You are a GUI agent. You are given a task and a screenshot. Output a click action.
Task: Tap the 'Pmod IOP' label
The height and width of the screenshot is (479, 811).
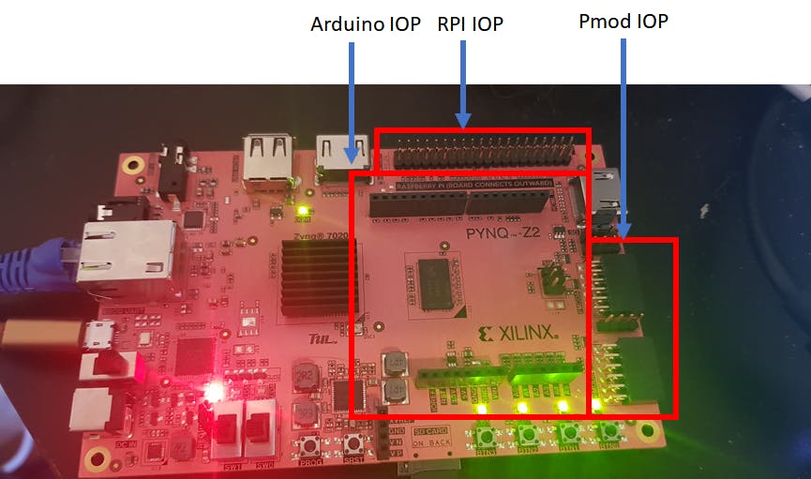pos(623,21)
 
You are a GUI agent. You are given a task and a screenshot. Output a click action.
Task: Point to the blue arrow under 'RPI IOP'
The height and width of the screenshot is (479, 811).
pos(463,84)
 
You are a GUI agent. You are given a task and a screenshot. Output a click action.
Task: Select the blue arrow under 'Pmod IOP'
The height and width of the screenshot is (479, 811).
pos(624,142)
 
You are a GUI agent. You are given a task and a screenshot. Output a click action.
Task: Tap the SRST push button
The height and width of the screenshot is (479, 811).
pos(353,445)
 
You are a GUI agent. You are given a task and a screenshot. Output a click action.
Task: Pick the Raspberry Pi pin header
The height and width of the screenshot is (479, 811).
pos(482,153)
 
